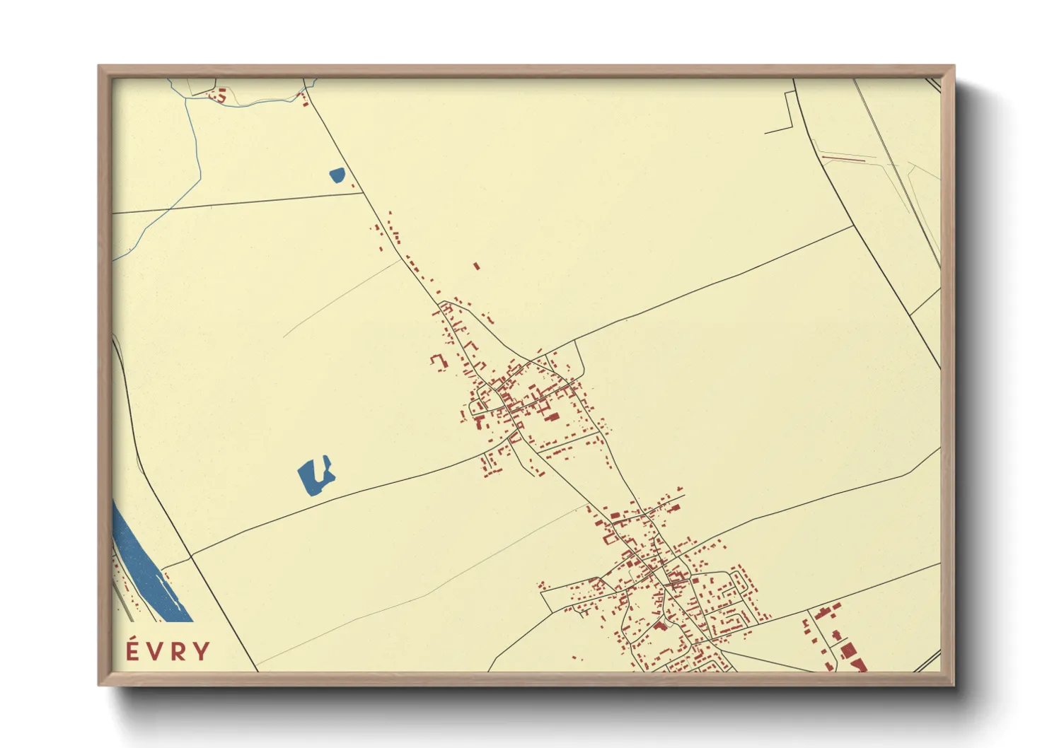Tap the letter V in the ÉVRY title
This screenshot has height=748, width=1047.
154,651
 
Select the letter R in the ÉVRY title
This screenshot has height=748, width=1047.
178,651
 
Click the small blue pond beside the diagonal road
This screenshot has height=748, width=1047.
337,175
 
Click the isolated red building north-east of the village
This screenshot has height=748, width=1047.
477,267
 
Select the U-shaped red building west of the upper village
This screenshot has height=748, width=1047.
439,361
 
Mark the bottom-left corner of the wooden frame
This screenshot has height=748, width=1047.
100,684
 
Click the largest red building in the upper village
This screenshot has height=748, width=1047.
552,417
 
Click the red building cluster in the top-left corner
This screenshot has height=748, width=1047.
219,95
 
